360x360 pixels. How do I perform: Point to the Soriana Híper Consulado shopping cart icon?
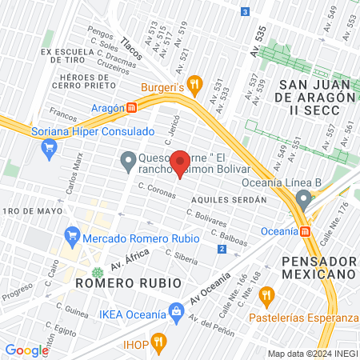click(x=50, y=146)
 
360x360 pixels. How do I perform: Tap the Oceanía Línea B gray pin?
click(x=302, y=198)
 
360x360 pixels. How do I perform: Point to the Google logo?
click(x=26, y=350)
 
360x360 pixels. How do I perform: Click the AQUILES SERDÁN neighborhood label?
click(x=229, y=198)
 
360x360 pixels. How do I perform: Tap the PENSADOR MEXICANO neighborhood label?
click(x=318, y=267)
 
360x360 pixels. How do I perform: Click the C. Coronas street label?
click(x=157, y=190)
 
